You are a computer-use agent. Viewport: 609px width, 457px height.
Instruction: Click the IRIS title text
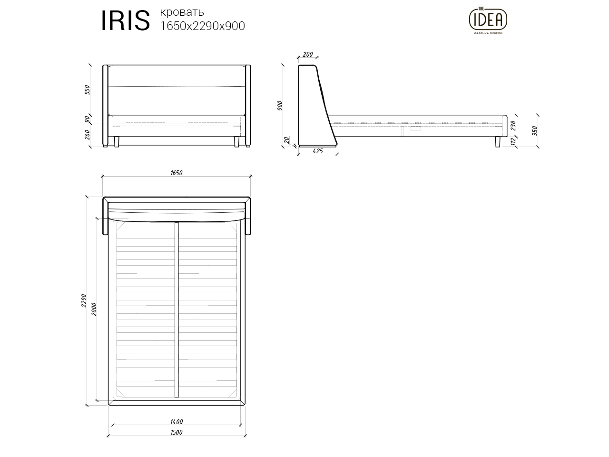(x=125, y=20)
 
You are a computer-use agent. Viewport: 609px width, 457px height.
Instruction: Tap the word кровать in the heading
(x=182, y=12)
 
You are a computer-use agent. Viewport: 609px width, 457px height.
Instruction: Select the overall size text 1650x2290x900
(x=203, y=26)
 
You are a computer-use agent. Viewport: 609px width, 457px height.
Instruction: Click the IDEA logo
(x=488, y=20)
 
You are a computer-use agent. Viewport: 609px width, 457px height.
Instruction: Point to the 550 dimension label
(x=88, y=89)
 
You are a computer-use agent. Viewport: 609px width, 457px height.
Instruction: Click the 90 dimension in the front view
(x=88, y=119)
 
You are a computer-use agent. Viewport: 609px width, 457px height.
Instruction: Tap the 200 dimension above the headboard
(x=308, y=55)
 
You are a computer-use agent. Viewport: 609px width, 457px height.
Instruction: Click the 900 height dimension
(x=280, y=106)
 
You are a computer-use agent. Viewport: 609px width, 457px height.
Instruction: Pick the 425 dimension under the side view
(x=318, y=151)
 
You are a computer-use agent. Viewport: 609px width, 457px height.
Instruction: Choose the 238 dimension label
(x=513, y=126)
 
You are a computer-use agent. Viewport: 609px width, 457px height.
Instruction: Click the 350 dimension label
(x=535, y=130)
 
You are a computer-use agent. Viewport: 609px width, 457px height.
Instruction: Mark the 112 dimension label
(x=513, y=141)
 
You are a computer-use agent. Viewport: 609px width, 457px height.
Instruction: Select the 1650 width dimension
(x=177, y=173)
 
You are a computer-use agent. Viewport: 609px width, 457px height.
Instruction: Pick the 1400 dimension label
(x=177, y=422)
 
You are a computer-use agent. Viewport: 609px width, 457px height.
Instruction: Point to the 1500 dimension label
(x=177, y=432)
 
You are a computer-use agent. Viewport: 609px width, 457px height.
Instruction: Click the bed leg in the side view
(x=498, y=142)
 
